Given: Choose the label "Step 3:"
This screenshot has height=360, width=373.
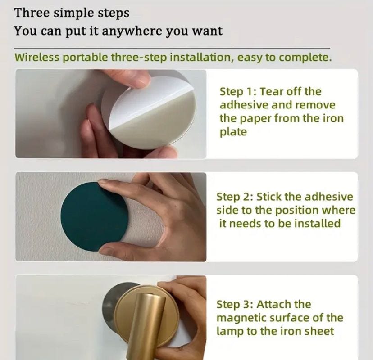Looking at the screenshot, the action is point(235,305).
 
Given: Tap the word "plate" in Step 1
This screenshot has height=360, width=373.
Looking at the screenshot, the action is point(233,132).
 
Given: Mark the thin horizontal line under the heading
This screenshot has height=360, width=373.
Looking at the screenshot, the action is point(172,48).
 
